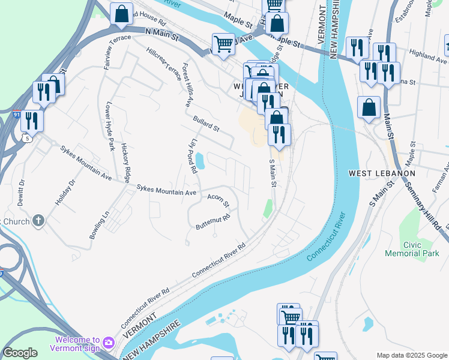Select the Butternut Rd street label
212,222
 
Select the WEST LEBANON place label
382,173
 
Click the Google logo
20,353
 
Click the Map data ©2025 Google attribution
412,355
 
